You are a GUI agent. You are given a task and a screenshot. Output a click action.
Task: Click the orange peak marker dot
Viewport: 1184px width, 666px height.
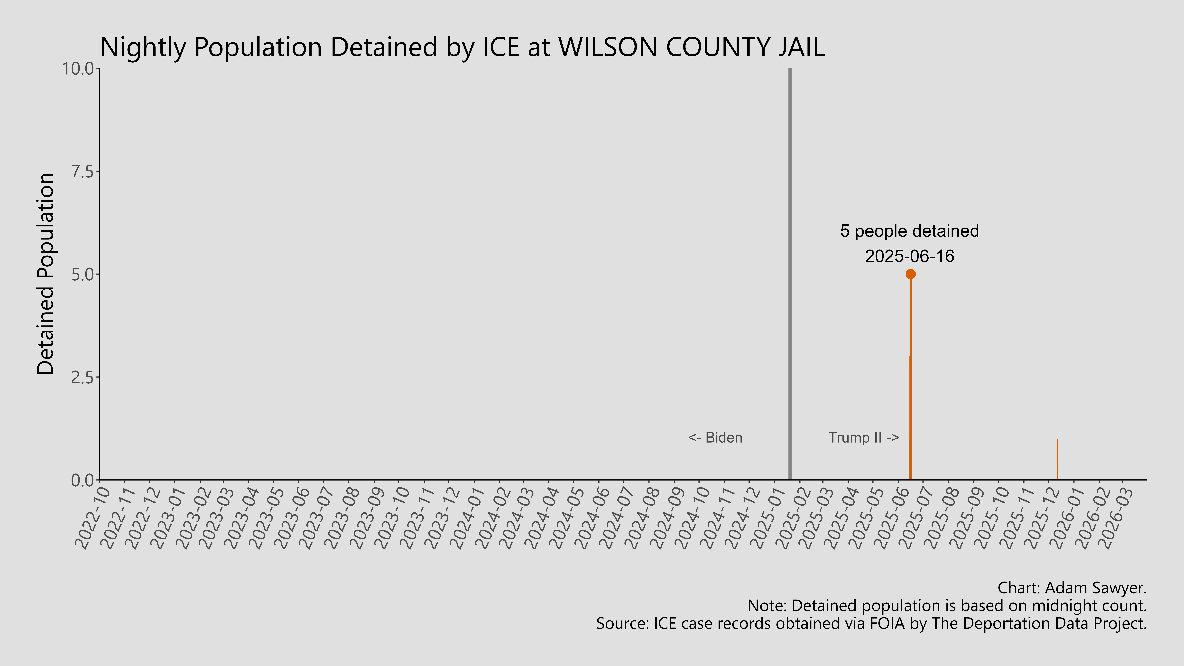(910, 274)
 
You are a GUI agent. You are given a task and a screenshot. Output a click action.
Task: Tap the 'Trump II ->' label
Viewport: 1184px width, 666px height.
(863, 438)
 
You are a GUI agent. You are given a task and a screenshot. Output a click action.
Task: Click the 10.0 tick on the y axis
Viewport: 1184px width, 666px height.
(80, 69)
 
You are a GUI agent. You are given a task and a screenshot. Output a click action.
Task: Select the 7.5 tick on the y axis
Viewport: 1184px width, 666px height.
(83, 171)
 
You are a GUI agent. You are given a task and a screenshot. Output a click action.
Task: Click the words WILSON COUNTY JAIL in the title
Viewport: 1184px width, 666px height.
(691, 47)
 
